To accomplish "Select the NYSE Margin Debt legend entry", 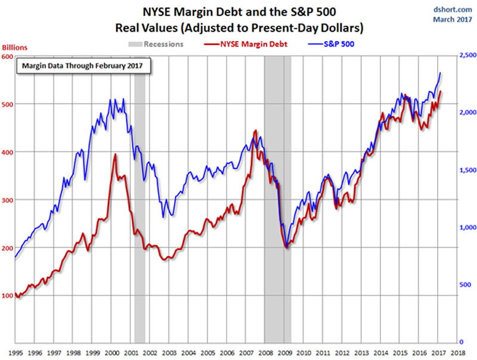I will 253,44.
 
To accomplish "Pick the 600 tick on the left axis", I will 8,57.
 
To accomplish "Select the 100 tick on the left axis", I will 8,295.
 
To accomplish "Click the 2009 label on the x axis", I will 285,352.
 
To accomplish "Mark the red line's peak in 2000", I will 115,154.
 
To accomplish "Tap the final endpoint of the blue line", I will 440,73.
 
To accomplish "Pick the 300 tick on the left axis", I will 8,200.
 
